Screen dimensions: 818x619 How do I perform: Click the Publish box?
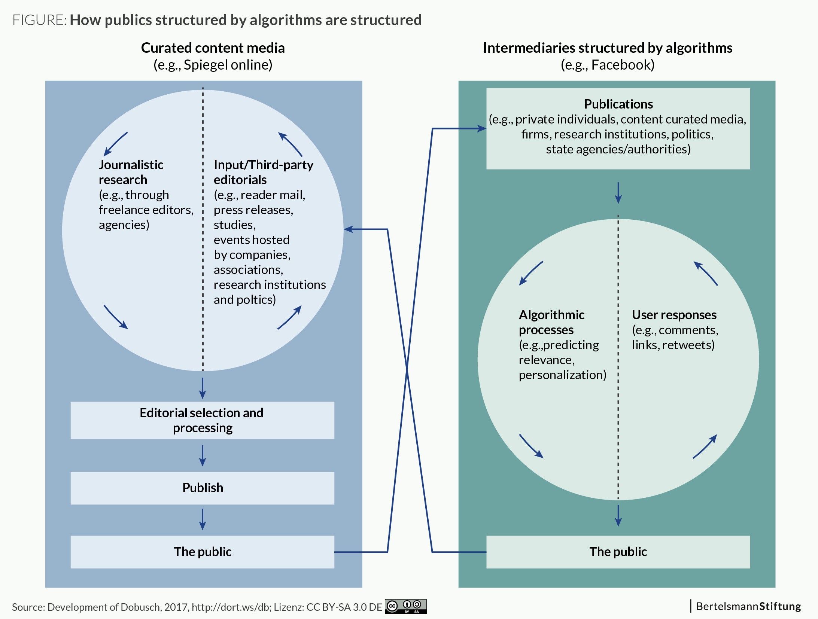click(202, 488)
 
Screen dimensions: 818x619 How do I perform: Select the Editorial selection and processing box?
click(202, 420)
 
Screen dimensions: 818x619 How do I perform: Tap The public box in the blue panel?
click(202, 552)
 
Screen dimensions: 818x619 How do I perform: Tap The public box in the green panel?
click(618, 552)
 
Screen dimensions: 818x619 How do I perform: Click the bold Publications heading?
click(618, 104)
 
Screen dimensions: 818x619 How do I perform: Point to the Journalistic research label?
click(131, 172)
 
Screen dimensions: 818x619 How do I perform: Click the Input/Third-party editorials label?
click(264, 172)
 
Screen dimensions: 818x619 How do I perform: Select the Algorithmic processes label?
click(551, 322)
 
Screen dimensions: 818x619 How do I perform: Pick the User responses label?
click(674, 315)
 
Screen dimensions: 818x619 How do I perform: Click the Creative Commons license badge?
click(406, 606)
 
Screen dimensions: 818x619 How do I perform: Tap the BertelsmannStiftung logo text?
click(748, 606)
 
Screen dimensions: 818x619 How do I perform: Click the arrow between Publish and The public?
click(203, 519)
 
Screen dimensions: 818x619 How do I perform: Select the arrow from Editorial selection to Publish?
click(203, 455)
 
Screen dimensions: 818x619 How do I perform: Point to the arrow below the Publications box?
click(618, 193)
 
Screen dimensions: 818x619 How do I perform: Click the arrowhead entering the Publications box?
click(482, 129)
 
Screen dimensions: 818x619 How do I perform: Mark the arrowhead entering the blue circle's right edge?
click(348, 229)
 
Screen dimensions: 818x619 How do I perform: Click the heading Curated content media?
click(213, 48)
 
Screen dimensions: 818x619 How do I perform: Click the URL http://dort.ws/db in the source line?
click(231, 607)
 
